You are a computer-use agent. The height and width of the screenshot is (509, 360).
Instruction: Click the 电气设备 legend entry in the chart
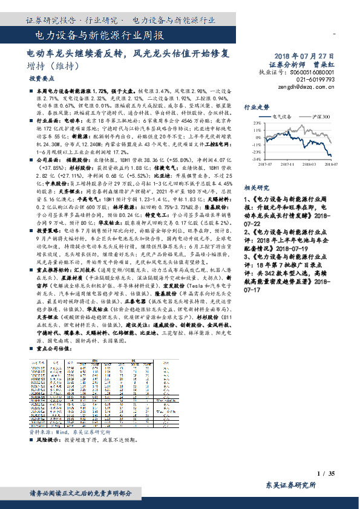click(x=283, y=115)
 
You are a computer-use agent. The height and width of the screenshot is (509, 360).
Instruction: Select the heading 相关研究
click(x=257, y=187)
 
